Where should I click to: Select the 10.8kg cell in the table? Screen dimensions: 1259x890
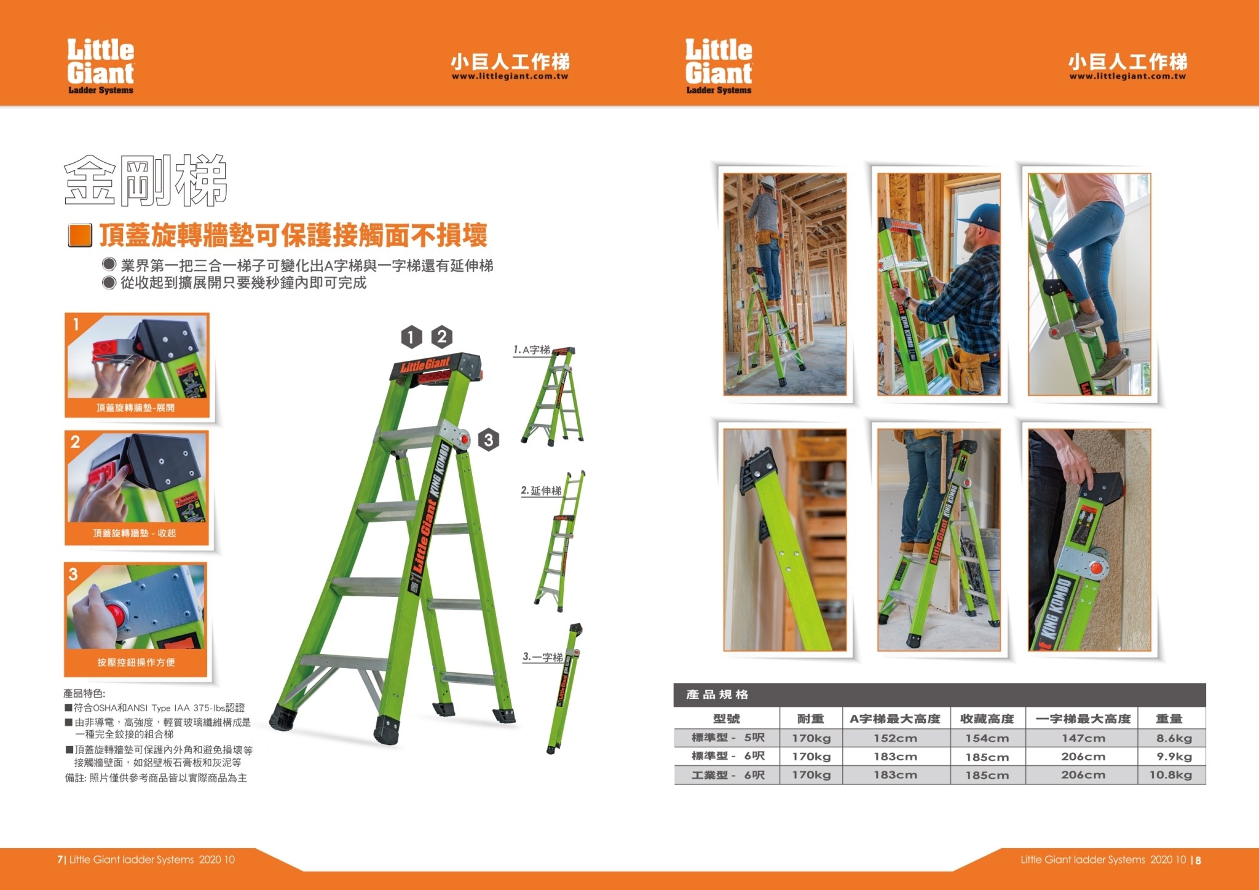coord(1170,775)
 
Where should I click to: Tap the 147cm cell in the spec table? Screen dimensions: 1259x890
coord(1083,738)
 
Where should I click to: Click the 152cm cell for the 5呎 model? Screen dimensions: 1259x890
coord(895,738)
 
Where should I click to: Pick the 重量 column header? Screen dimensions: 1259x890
coord(1169,719)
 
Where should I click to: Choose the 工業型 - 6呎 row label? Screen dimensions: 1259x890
coord(728,775)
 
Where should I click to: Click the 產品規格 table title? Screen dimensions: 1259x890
coord(717,695)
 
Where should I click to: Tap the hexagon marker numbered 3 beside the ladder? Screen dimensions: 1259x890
coord(488,439)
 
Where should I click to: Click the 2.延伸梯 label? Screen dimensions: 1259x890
coord(541,490)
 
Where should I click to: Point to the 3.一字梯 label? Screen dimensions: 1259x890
coord(543,656)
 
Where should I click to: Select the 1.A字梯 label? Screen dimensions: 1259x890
coord(532,350)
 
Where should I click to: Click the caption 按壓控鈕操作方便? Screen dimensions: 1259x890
coord(136,662)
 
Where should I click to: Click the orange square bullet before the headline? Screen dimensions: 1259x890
coord(80,235)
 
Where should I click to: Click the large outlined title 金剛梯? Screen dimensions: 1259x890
coord(146,180)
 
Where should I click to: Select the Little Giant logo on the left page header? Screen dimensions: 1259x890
coord(101,66)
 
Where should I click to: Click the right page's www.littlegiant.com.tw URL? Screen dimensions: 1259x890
coord(1127,77)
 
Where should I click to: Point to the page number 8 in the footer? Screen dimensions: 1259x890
coord(1198,860)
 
